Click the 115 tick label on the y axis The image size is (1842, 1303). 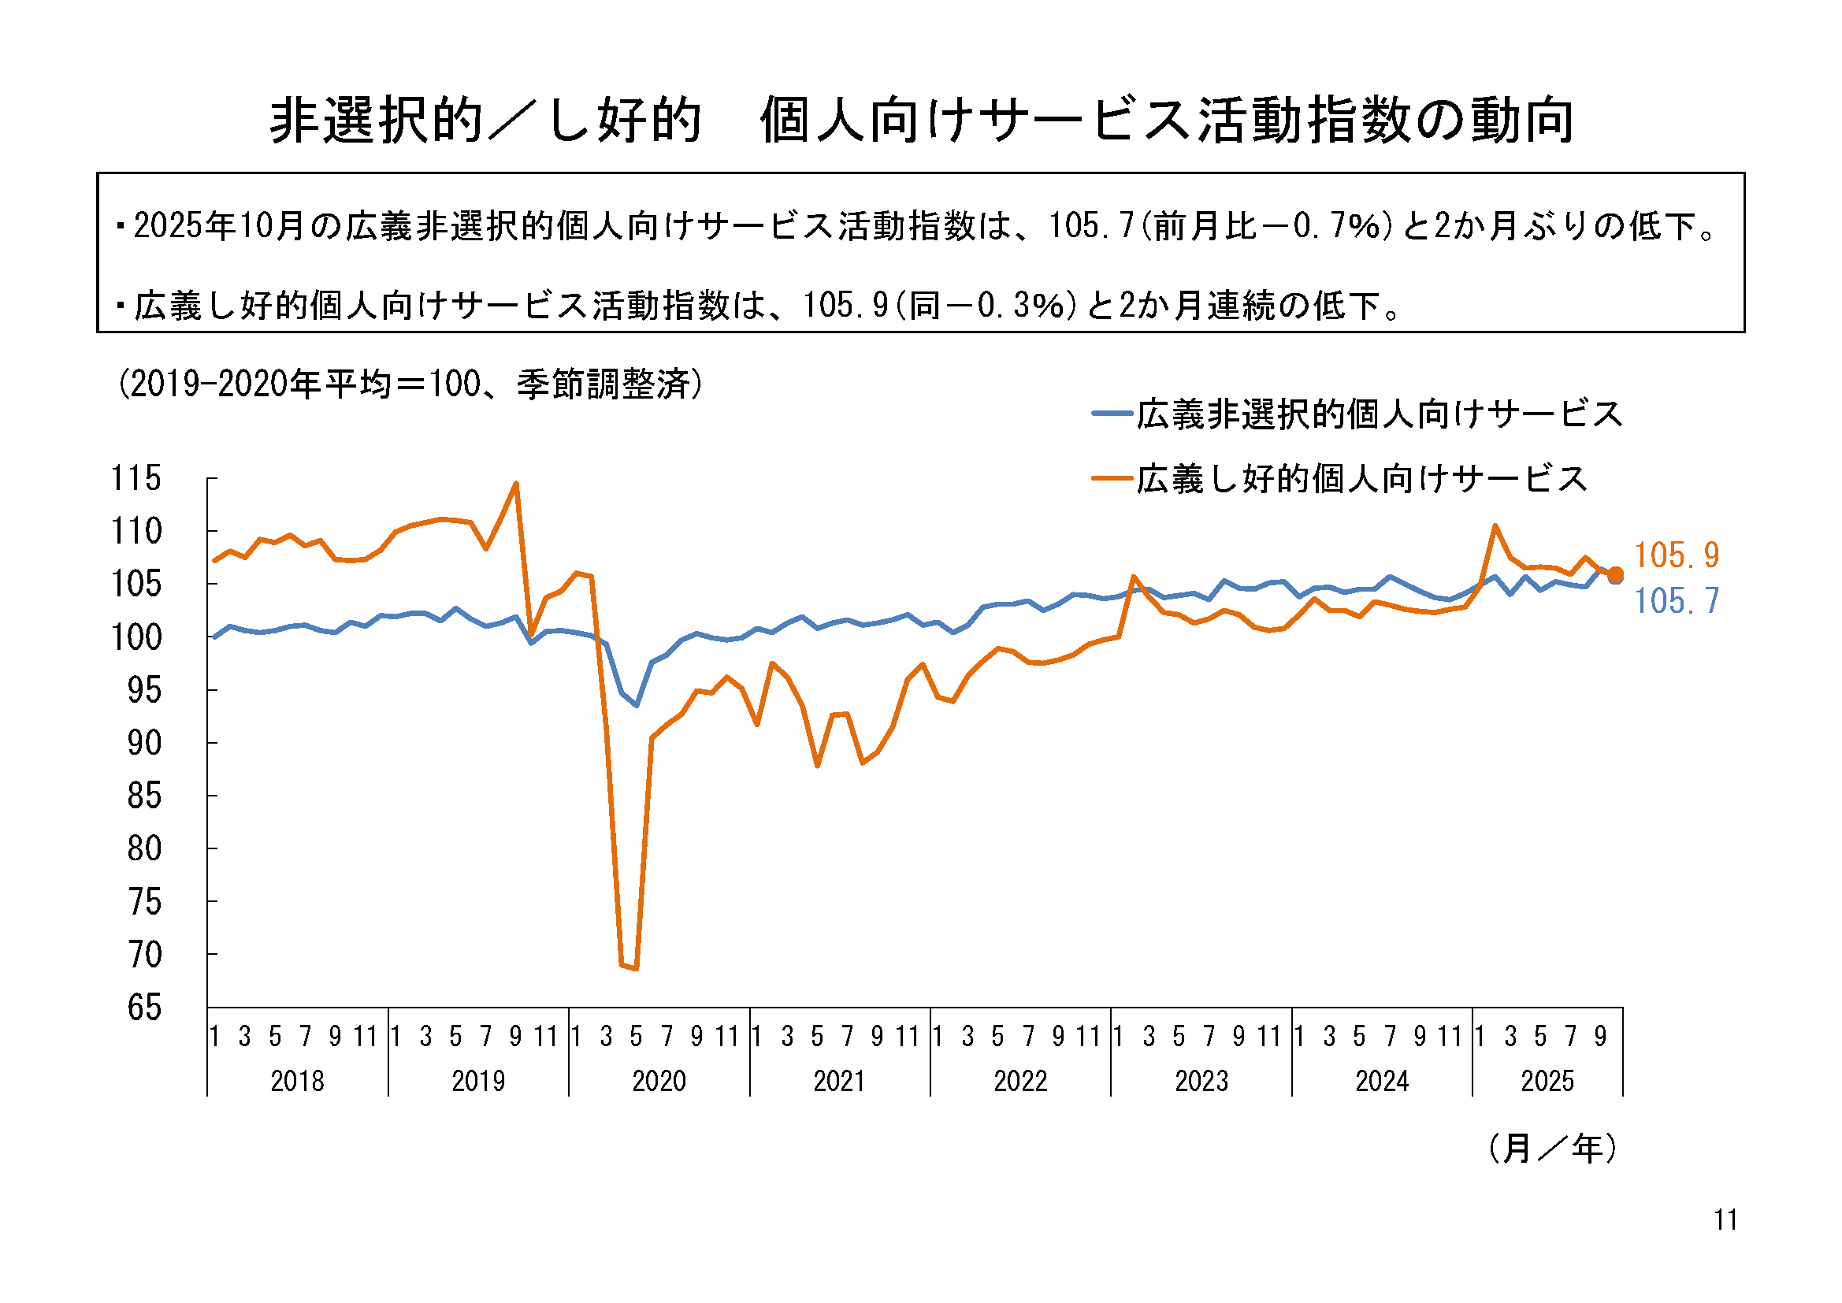pyautogui.click(x=136, y=478)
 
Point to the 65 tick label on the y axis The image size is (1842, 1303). pyautogui.click(x=144, y=1008)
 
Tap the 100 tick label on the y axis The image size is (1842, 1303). pyautogui.click(x=136, y=638)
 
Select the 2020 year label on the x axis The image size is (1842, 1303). pyautogui.click(x=659, y=1081)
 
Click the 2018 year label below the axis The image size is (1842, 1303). pyautogui.click(x=297, y=1081)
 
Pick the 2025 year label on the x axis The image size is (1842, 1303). pyautogui.click(x=1547, y=1081)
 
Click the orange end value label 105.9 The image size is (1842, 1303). pyautogui.click(x=1676, y=555)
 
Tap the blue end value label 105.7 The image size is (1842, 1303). pyautogui.click(x=1676, y=601)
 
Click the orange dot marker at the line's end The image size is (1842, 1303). pyautogui.click(x=1616, y=574)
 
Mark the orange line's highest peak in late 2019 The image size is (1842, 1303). pyautogui.click(x=516, y=484)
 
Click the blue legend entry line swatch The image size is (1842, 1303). pyautogui.click(x=1112, y=414)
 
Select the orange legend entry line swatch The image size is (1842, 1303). pyautogui.click(x=1112, y=479)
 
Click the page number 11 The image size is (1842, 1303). pyautogui.click(x=1725, y=1219)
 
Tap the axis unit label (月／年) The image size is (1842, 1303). pyautogui.click(x=1551, y=1148)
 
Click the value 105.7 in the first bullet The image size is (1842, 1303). pyautogui.click(x=1091, y=226)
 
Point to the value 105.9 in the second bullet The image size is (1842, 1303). pyautogui.click(x=845, y=306)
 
